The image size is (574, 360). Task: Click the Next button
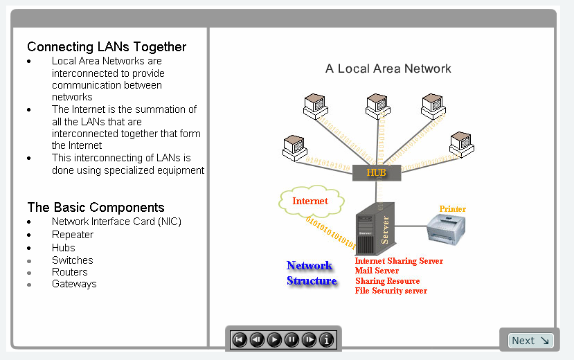tap(530, 341)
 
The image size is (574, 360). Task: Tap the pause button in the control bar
tap(292, 340)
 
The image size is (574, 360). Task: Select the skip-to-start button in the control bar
tap(239, 340)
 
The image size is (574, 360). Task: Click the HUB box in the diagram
tap(376, 172)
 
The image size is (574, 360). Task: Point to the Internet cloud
tap(311, 201)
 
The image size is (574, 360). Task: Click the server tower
tap(374, 229)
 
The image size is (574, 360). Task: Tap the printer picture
tap(446, 228)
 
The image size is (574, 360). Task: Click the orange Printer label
tap(453, 209)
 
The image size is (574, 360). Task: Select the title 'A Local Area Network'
tap(388, 69)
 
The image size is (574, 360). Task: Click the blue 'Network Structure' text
tap(311, 273)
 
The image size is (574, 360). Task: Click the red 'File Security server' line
tap(391, 291)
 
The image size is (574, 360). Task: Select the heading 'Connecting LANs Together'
tap(107, 47)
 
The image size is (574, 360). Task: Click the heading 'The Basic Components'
tap(96, 207)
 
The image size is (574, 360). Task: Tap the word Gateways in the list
tap(74, 284)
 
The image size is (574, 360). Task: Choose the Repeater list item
tap(73, 235)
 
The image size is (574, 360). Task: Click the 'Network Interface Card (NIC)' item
tap(116, 222)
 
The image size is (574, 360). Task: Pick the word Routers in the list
tap(70, 272)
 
